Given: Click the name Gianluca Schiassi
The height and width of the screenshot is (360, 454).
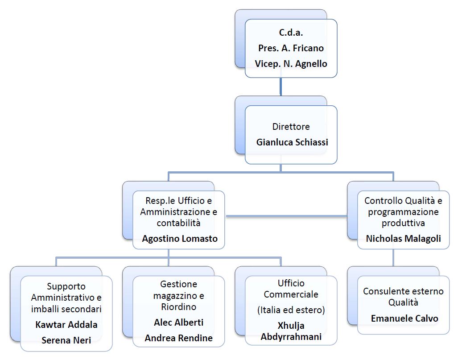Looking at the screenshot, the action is (x=292, y=142).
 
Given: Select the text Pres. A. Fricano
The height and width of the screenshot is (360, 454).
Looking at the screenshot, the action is (x=291, y=48).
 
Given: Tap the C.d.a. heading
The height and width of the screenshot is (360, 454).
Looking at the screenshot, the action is (x=291, y=33).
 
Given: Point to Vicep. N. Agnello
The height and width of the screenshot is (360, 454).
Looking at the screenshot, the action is (x=291, y=64).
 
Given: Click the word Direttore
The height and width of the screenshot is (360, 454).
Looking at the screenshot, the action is (x=291, y=127).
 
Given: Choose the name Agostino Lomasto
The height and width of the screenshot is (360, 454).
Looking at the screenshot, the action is (x=180, y=239).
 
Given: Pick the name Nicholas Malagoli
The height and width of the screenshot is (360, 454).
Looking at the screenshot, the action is (x=403, y=239).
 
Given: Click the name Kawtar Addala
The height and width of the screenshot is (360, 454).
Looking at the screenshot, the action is (x=66, y=325).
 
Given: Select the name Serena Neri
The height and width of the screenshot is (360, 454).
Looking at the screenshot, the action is (x=66, y=340).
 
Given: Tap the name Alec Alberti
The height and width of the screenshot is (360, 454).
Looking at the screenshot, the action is (x=179, y=323).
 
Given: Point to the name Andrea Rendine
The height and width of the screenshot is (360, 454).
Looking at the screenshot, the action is (x=179, y=338).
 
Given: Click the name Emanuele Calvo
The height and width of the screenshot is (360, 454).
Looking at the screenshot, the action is (x=404, y=319).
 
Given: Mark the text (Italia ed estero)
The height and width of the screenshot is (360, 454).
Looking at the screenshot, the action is (x=291, y=310).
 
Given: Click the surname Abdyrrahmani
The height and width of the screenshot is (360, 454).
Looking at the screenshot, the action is (x=291, y=337).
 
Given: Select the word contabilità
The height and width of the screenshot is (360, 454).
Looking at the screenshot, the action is (x=179, y=223).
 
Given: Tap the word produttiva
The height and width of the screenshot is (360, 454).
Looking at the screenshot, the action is (x=403, y=223).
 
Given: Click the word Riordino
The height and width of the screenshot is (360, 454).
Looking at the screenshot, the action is (x=179, y=307).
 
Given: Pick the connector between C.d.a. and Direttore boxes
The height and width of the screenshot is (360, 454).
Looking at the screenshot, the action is (x=281, y=87).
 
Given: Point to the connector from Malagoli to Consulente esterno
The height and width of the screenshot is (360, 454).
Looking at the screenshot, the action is (x=393, y=258).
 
